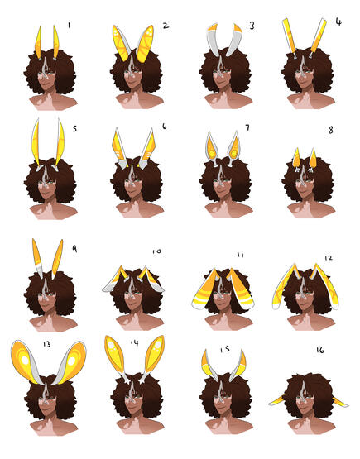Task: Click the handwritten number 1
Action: pos(69,26)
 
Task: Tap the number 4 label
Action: pos(338,22)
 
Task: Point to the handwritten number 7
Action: pos(247,127)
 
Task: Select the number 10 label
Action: pos(156,251)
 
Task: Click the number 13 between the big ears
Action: pos(47,344)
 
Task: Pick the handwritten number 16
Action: pos(320,350)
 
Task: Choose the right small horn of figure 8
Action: pos(313,160)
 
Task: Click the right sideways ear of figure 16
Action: pos(340,402)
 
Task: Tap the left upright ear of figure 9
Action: pos(38,257)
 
